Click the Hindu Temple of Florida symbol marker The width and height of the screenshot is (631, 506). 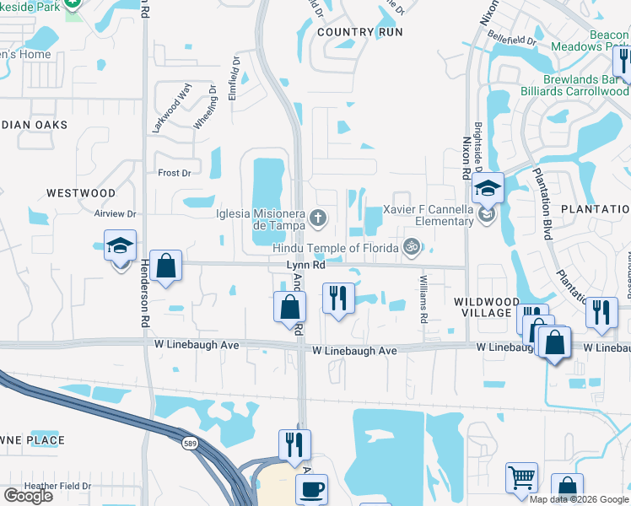point(412,246)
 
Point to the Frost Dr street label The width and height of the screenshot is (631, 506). point(175,173)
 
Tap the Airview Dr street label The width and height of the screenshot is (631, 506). point(116,214)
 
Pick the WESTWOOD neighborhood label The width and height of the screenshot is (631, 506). point(81,193)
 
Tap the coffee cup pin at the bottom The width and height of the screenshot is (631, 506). point(311,489)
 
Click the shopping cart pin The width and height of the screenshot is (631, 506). point(521,477)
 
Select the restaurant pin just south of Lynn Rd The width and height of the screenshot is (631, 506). point(338,299)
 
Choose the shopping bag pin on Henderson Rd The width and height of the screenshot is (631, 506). point(166,265)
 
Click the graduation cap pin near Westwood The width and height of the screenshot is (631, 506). point(120,248)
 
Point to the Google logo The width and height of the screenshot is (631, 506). point(28,496)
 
